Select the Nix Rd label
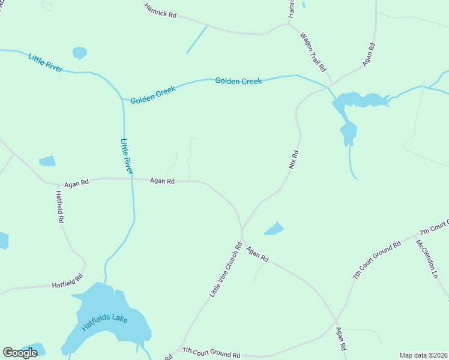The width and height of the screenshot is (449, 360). [294, 159]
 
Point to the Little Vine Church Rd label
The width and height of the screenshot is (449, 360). [226, 270]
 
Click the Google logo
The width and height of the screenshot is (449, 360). [20, 353]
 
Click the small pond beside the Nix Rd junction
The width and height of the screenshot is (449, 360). [274, 229]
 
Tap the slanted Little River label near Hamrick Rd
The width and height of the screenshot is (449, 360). [45, 62]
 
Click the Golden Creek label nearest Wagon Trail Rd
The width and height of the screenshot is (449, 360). [238, 81]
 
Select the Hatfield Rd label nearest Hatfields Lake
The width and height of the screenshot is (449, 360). [67, 283]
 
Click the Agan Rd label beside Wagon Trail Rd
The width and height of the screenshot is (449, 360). [369, 55]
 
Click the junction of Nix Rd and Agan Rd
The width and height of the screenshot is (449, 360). [241, 229]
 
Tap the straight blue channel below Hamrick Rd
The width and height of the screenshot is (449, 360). [196, 40]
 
